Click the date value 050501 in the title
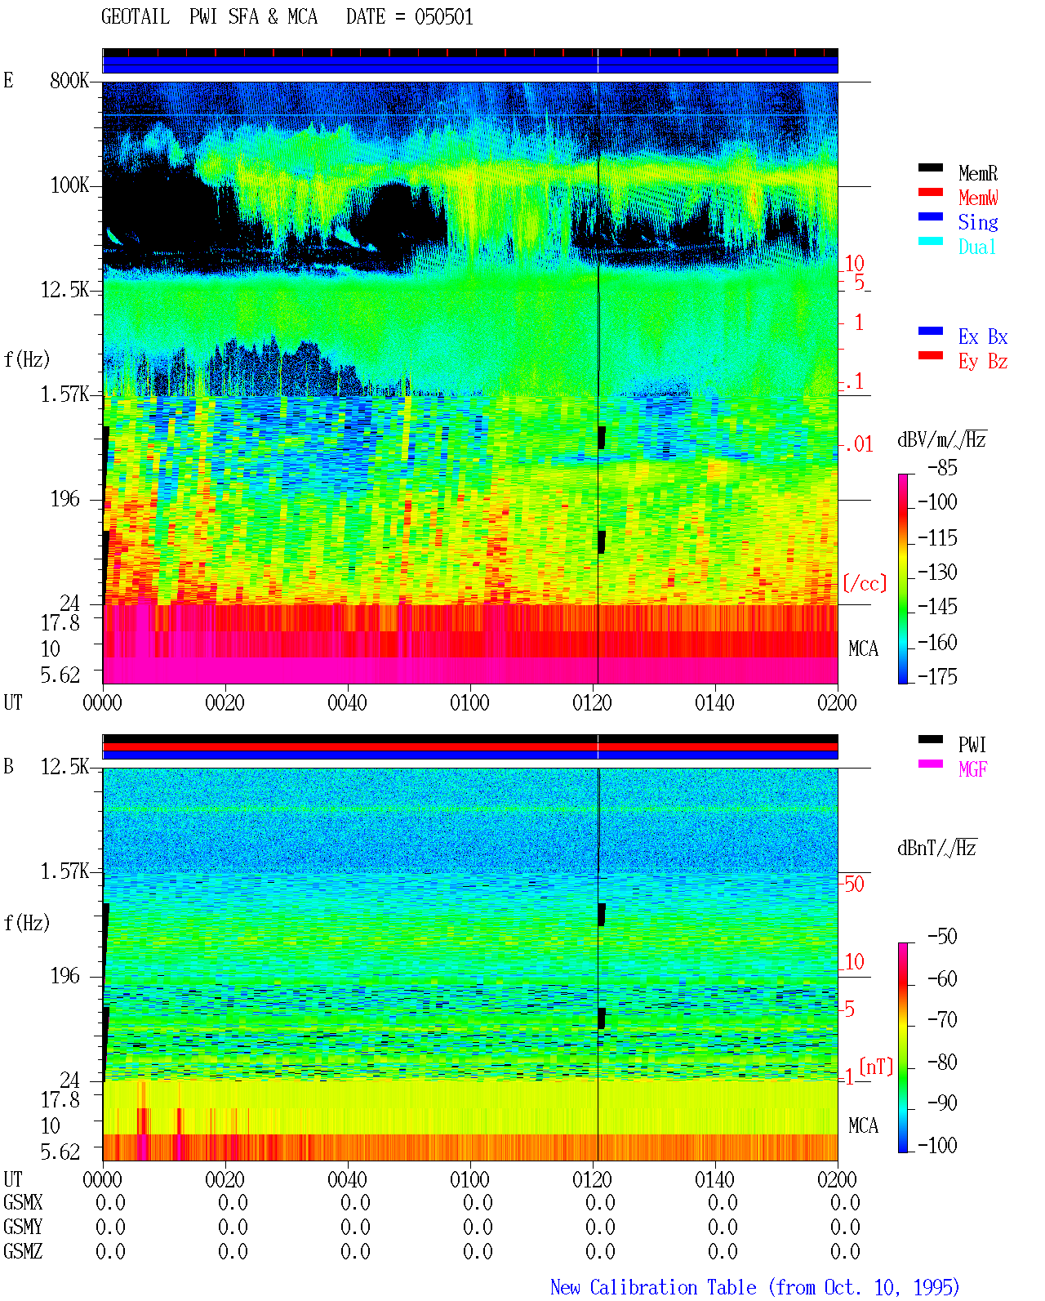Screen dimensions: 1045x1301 pyautogui.click(x=443, y=17)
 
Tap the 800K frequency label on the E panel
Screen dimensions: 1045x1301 pyautogui.click(x=69, y=80)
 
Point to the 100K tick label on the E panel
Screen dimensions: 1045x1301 pyautogui.click(x=69, y=185)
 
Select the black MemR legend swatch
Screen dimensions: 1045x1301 pyautogui.click(x=930, y=167)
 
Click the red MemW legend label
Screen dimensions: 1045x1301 pyautogui.click(x=978, y=198)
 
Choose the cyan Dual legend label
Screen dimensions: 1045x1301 pyautogui.click(x=977, y=247)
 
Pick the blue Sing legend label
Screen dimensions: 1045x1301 pyautogui.click(x=978, y=222)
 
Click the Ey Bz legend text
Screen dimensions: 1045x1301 pyautogui.click(x=983, y=361)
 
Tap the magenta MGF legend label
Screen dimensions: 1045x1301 pyautogui.click(x=973, y=769)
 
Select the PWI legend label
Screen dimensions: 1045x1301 pyautogui.click(x=972, y=744)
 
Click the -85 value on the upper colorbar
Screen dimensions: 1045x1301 pyautogui.click(x=942, y=467)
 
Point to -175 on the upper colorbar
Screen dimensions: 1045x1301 pyautogui.click(x=937, y=676)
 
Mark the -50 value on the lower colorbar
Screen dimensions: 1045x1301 pyautogui.click(x=942, y=937)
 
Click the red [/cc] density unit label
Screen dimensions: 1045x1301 pyautogui.click(x=865, y=583)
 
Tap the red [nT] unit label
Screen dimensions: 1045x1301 pyautogui.click(x=876, y=1067)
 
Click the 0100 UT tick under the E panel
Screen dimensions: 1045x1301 pyautogui.click(x=469, y=703)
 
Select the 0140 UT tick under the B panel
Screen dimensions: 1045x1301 pyautogui.click(x=714, y=1179)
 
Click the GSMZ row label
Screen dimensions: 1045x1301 pyautogui.click(x=23, y=1251)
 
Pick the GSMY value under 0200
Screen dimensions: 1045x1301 pyautogui.click(x=845, y=1227)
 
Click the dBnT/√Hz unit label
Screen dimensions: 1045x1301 pyautogui.click(x=937, y=848)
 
